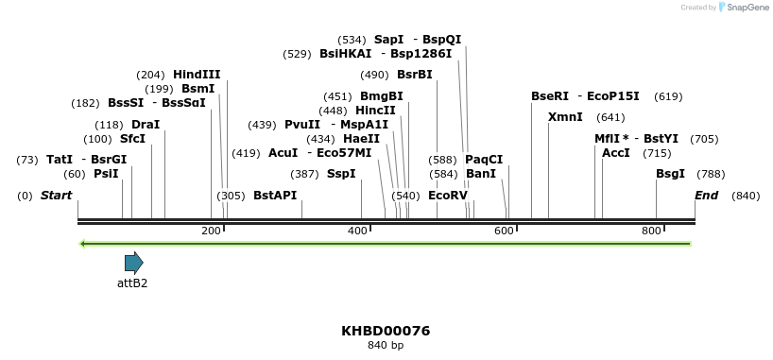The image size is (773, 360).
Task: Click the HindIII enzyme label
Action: (x=197, y=75)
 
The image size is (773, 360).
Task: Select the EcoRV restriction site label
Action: (x=448, y=196)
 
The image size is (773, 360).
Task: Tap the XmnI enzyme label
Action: (x=565, y=117)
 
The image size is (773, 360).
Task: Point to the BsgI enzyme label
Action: (x=671, y=174)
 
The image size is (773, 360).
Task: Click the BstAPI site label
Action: (x=275, y=196)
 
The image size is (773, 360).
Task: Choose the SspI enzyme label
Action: (x=341, y=174)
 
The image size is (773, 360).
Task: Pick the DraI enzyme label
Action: (x=146, y=125)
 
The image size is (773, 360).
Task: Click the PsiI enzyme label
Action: (x=106, y=174)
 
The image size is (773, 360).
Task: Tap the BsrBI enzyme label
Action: (x=414, y=75)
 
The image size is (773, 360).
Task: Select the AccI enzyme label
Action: (x=616, y=153)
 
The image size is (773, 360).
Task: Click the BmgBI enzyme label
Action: (x=382, y=96)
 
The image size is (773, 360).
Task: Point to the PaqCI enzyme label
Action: (x=484, y=160)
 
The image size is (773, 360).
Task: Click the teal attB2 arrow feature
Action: (x=133, y=263)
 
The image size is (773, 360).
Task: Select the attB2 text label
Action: (x=132, y=283)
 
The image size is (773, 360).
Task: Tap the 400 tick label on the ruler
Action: (x=358, y=231)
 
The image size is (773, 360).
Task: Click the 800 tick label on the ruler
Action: (x=651, y=231)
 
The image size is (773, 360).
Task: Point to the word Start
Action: (x=56, y=196)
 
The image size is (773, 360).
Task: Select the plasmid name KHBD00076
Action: (x=386, y=331)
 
